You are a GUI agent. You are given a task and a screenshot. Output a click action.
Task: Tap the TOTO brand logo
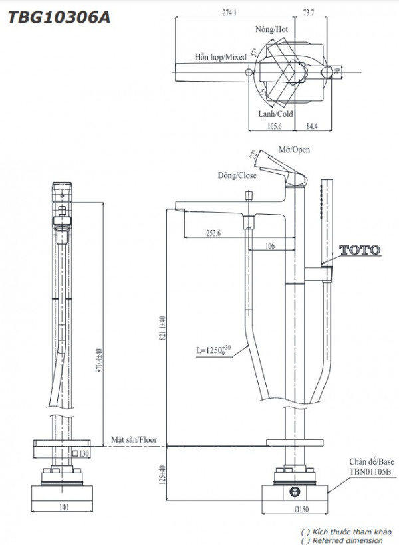tap(360, 251)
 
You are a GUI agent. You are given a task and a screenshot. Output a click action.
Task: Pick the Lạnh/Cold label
tap(275, 114)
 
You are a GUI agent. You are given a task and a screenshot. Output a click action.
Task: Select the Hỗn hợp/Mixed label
tap(220, 57)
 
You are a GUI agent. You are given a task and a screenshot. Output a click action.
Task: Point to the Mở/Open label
tap(295, 150)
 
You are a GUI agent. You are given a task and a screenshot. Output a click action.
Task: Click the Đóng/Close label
tap(237, 175)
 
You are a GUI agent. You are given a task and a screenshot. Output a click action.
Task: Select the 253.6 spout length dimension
tap(213, 233)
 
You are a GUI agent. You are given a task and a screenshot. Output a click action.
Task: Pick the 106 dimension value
tap(269, 246)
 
